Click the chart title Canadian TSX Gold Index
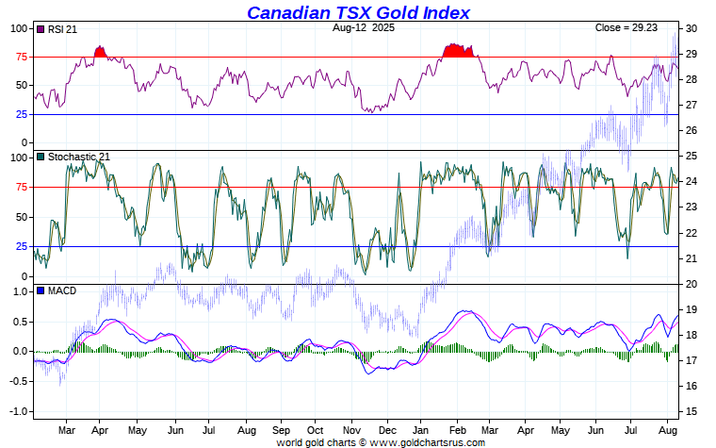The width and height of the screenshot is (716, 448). click(358, 12)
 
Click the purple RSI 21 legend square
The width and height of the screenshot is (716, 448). click(41, 29)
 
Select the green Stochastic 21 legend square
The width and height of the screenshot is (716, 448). click(41, 157)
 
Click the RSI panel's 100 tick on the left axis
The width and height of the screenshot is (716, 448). click(20, 28)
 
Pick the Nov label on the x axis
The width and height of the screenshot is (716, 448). click(350, 429)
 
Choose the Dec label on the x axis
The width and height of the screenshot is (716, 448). click(386, 429)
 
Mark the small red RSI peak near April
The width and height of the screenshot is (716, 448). click(101, 53)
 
